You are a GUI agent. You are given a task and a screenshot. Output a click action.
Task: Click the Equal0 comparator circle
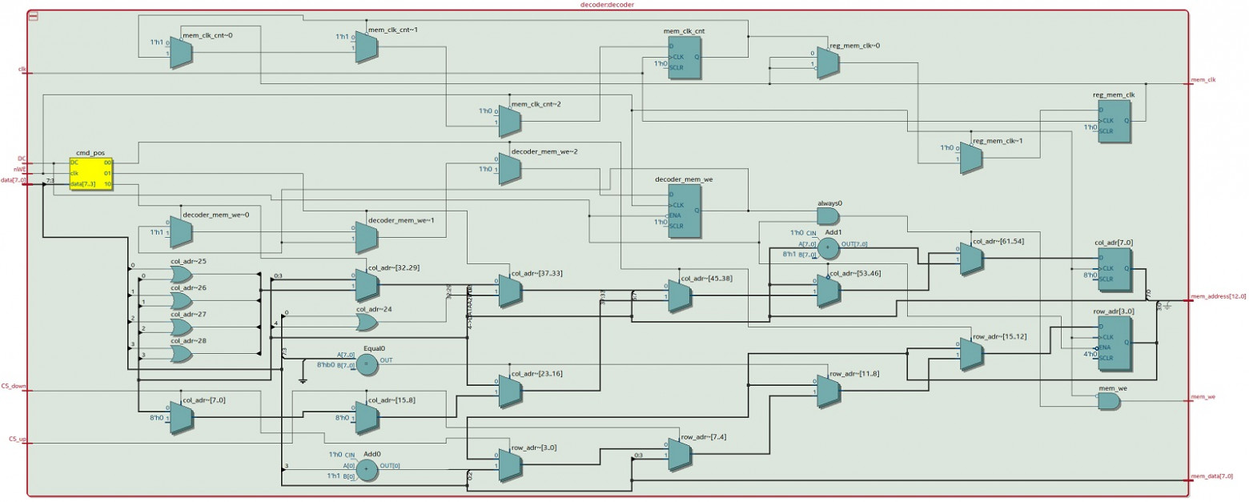tap(366, 364)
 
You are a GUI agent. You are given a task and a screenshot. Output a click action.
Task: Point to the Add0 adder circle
tap(366, 471)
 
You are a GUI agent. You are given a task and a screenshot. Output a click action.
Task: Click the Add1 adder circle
tap(828, 249)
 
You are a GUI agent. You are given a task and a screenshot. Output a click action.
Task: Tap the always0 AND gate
tap(828, 216)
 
